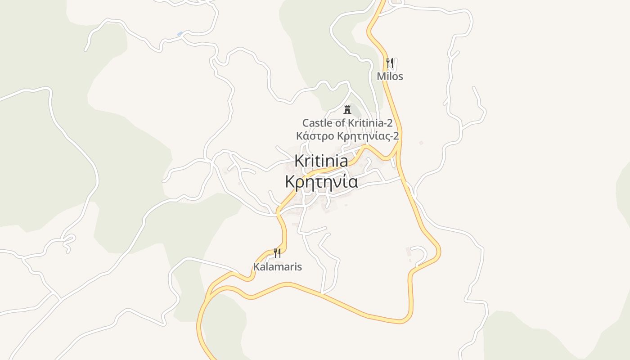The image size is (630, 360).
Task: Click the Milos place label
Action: pyautogui.click(x=390, y=76)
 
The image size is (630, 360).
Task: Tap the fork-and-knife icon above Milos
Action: pyautogui.click(x=390, y=63)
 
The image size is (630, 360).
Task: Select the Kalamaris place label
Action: pyautogui.click(x=277, y=267)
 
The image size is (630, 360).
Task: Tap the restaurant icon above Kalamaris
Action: pyautogui.click(x=277, y=253)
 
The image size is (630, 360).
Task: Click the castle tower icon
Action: pyautogui.click(x=347, y=109)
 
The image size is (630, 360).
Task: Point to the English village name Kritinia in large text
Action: pyautogui.click(x=321, y=161)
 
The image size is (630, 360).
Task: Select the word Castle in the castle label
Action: pyautogui.click(x=316, y=123)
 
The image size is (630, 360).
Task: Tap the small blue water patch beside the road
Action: pyautogui.click(x=180, y=34)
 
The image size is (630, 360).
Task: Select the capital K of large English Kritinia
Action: pyautogui.click(x=299, y=161)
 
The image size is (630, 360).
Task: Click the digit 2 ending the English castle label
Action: pyautogui.click(x=390, y=123)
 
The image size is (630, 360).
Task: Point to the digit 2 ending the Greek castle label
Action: pyautogui.click(x=396, y=136)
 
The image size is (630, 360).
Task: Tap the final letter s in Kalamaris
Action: pyautogui.click(x=299, y=267)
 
